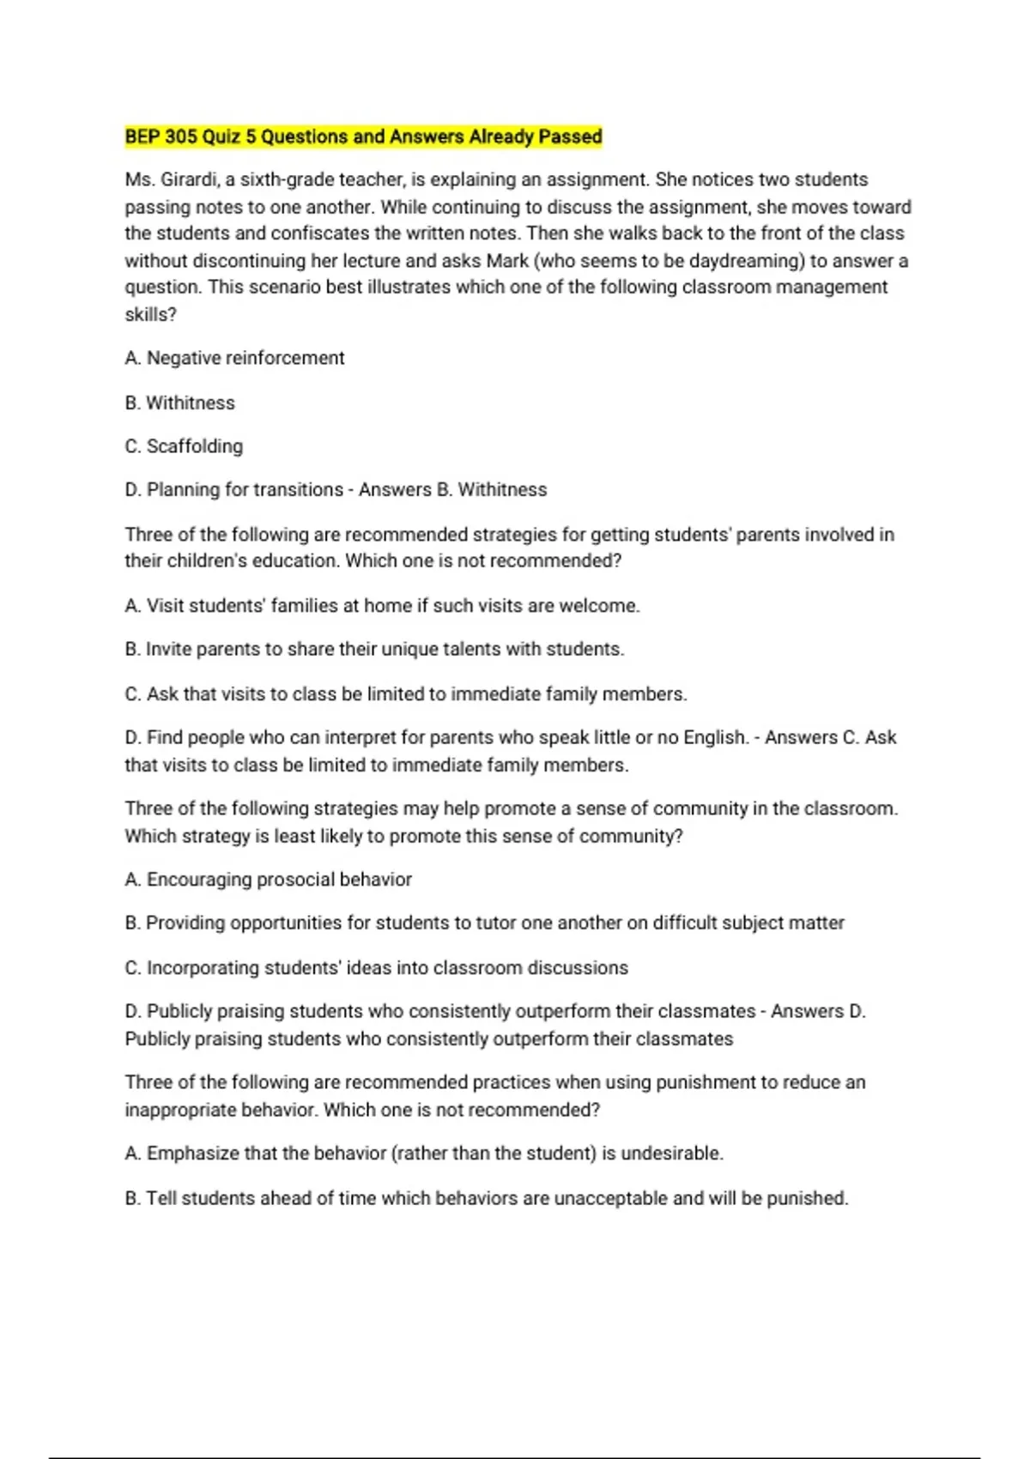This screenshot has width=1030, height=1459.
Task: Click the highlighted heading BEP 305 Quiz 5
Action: pyautogui.click(x=363, y=136)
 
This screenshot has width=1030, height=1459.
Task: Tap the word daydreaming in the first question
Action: pyautogui.click(x=747, y=261)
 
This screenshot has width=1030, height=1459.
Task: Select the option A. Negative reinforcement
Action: pyautogui.click(x=234, y=358)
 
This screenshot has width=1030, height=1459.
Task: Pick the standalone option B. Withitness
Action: pyautogui.click(x=179, y=403)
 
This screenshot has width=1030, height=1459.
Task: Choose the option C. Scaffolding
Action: pyautogui.click(x=184, y=446)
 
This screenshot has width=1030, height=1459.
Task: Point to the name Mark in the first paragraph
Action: pyautogui.click(x=507, y=261)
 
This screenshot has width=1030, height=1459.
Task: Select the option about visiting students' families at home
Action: pyautogui.click(x=382, y=606)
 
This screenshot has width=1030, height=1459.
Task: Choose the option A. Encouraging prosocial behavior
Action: pyautogui.click(x=268, y=880)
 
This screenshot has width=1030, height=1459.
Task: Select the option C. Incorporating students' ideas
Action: pyautogui.click(x=376, y=968)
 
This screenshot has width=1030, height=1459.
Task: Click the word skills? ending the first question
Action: pyautogui.click(x=150, y=315)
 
